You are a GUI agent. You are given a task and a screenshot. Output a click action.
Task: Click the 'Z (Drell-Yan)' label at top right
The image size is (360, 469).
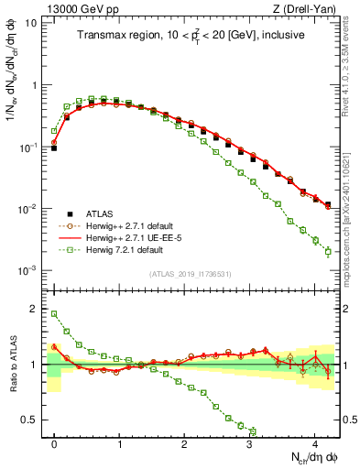304,9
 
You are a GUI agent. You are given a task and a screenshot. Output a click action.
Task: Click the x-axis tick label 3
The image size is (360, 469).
250,442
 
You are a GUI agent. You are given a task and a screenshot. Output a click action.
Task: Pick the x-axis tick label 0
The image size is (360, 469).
54,442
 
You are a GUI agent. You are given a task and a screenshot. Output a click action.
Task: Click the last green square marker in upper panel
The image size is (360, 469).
328,252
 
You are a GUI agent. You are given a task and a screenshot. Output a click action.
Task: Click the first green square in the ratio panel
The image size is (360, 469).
54,314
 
